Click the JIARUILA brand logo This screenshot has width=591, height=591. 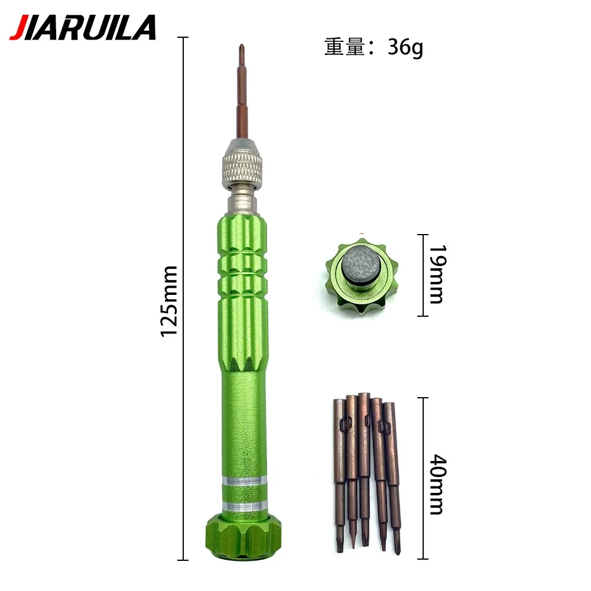[x=83, y=27]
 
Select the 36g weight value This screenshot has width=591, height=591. [x=405, y=48]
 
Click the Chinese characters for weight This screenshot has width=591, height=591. [x=345, y=47]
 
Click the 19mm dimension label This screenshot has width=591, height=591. [x=438, y=274]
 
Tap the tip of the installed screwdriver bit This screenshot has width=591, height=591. [x=241, y=45]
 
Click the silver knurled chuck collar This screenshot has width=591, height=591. [x=242, y=164]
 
